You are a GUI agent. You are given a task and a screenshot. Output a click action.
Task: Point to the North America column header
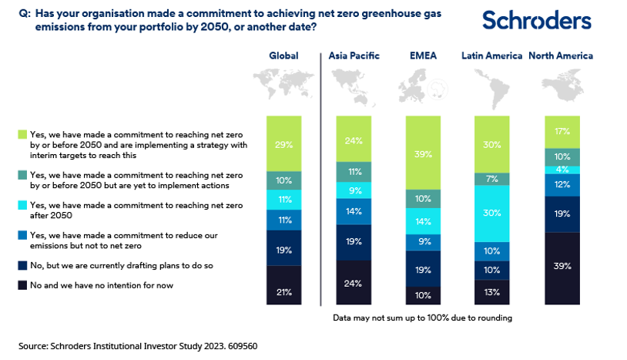coord(561,56)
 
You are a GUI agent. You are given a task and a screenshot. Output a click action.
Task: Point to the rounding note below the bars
coord(423,318)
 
